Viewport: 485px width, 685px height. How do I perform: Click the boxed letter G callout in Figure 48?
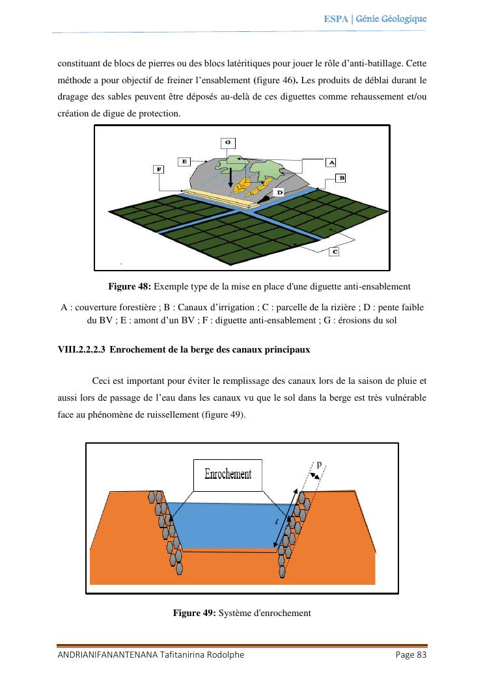point(227,142)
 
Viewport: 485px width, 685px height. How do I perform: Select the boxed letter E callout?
point(185,161)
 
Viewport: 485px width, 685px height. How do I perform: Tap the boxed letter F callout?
point(158,169)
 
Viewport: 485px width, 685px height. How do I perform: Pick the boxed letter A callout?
point(331,161)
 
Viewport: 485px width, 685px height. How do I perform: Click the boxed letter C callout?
point(333,251)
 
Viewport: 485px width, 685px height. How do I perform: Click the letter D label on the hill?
point(279,193)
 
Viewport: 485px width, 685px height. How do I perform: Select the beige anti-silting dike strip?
point(215,198)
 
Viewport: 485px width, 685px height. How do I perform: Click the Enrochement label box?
point(228,475)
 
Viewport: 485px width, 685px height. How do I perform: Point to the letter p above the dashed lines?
point(319,464)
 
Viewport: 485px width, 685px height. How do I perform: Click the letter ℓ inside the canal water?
point(277,522)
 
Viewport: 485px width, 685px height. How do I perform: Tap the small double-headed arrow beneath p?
point(315,476)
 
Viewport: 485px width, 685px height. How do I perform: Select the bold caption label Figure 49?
point(194,612)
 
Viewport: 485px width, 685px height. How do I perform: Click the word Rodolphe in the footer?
point(224,654)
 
